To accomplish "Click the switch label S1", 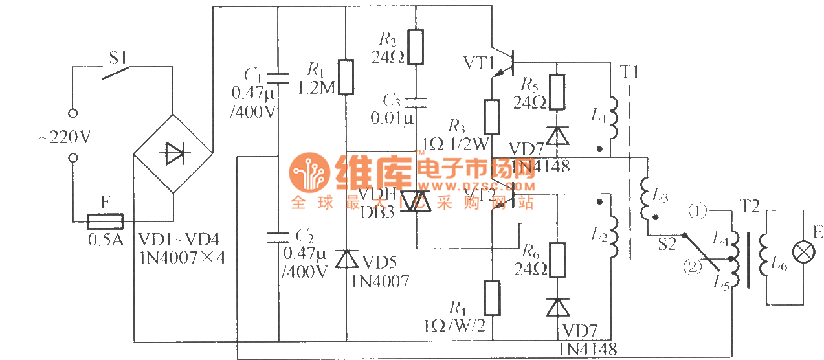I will [x=118, y=58].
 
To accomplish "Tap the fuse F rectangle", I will [x=106, y=221].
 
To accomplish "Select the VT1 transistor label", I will [x=480, y=63].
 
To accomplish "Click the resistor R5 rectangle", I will [x=556, y=91].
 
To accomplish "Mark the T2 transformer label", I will [x=750, y=210].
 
